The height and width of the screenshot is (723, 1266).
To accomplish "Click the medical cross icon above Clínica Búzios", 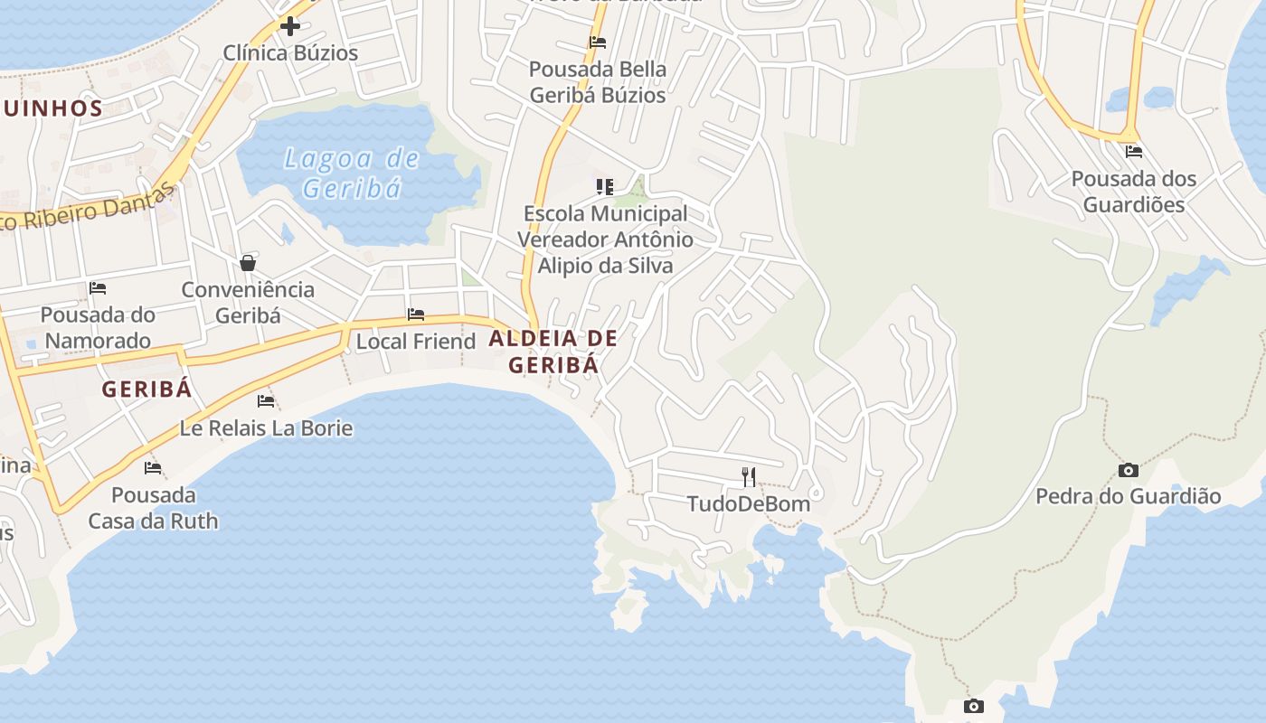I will coord(289,26).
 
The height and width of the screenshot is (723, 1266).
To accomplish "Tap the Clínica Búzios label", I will coord(290,53).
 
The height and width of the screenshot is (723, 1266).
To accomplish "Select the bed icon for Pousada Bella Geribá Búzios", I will coord(597,42).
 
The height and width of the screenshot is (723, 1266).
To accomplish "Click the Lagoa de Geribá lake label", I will coord(351,173).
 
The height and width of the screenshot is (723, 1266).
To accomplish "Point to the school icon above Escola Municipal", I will coord(604,187).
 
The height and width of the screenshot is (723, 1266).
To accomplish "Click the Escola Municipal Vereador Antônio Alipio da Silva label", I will coord(605,239).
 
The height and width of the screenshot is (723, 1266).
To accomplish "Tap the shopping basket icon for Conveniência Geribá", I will coord(248,263).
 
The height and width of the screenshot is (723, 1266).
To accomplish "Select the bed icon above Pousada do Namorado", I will coord(98,288).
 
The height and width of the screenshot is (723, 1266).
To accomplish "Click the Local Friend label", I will coord(416,342).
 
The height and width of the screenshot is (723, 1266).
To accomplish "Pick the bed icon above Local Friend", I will coord(416,315).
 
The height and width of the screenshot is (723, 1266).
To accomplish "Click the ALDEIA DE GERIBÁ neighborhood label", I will coord(553,352).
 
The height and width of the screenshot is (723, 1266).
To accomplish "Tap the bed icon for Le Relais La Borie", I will coord(266,400).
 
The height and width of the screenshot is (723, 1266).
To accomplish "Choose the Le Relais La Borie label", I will coord(266,427).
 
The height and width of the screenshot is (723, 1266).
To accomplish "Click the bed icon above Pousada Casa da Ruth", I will coord(153,468).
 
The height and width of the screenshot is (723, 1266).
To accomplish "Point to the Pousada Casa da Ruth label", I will coord(153,508).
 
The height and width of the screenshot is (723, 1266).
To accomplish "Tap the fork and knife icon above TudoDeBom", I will coord(749,476).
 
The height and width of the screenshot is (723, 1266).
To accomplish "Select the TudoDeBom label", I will coord(749,503).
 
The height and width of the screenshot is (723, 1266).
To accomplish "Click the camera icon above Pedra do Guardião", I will coord(1128,470).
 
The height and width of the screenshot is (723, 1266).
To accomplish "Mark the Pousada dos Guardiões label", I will coord(1133,192).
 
